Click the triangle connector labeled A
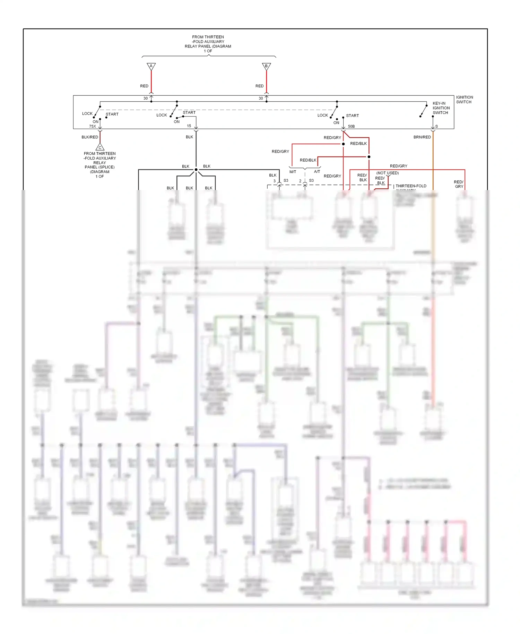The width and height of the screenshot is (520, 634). [151, 66]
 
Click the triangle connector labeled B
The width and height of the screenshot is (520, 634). [266, 66]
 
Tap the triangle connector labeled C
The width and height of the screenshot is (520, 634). [100, 147]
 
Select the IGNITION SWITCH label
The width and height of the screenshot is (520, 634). [464, 100]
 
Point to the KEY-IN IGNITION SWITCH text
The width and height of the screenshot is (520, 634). [441, 108]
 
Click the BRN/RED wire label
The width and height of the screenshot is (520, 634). [422, 137]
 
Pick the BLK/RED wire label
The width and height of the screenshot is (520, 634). [90, 137]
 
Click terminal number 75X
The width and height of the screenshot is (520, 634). [92, 126]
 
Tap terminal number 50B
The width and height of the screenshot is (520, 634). [351, 126]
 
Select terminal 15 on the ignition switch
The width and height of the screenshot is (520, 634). [189, 126]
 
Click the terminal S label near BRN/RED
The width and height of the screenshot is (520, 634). [436, 126]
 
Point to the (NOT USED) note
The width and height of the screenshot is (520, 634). [387, 173]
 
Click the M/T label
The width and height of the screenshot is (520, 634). [293, 172]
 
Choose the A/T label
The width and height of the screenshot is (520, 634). [317, 172]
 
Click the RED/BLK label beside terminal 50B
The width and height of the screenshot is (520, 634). [358, 143]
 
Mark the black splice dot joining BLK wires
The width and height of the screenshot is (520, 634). [196, 170]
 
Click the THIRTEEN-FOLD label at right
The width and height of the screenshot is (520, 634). [411, 186]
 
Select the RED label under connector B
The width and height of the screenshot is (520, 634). [259, 86]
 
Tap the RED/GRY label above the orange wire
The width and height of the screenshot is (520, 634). [398, 166]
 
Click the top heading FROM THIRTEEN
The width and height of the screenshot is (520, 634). [208, 37]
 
